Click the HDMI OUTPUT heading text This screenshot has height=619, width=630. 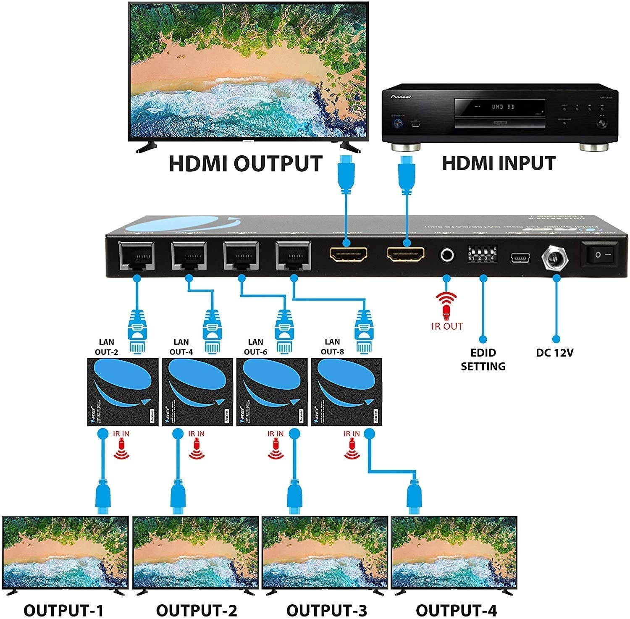tap(245, 164)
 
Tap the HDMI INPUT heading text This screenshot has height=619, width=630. tap(499, 163)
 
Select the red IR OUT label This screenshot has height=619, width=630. tap(447, 326)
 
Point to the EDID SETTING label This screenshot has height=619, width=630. tap(483, 359)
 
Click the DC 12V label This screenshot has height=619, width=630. tap(554, 353)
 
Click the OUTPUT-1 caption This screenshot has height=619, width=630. tap(63, 610)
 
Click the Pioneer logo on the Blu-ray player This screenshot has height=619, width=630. tap(401, 97)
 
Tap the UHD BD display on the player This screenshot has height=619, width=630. tap(503, 107)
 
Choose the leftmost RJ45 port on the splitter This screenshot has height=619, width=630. tap(136, 256)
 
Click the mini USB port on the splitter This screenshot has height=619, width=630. tap(520, 258)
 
